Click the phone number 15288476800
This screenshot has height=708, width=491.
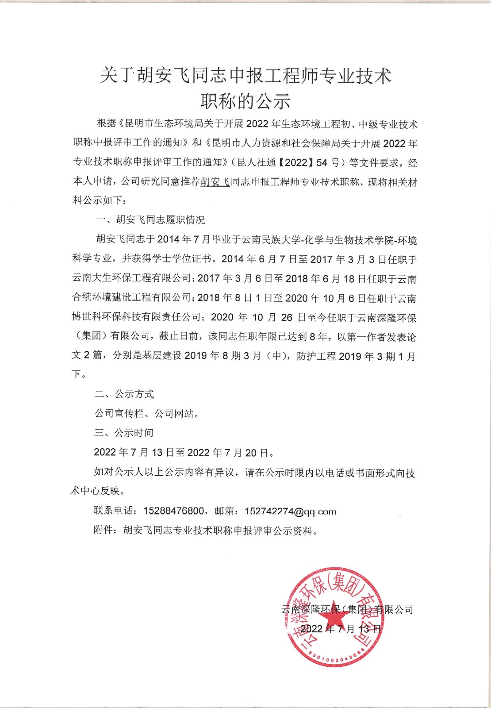(173, 511)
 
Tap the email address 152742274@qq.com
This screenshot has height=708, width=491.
(291, 512)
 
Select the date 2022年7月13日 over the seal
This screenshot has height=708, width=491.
(341, 629)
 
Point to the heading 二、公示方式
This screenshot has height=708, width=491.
(124, 394)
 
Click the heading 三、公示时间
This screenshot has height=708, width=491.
(124, 433)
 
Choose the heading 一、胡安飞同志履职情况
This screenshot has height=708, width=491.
(151, 220)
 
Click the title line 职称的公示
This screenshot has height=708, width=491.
(245, 101)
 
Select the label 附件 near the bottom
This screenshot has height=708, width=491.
(104, 530)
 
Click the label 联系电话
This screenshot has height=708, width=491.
(113, 511)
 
